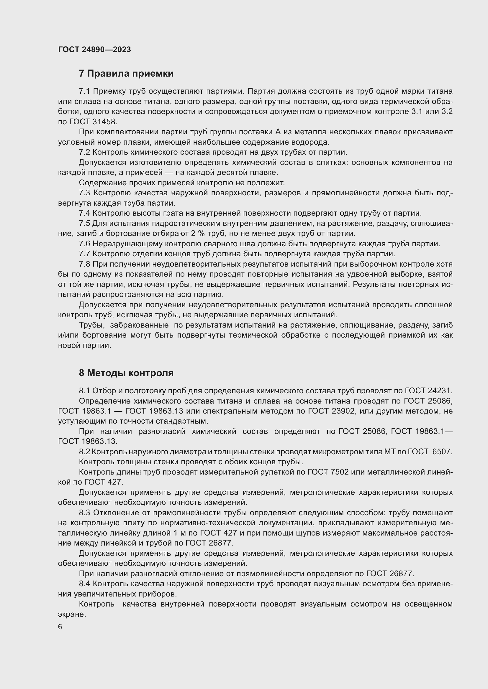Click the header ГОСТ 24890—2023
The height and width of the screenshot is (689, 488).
click(94, 50)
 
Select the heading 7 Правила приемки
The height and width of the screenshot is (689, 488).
click(126, 74)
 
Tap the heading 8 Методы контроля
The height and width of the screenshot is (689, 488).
click(126, 373)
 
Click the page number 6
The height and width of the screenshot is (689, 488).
click(60, 627)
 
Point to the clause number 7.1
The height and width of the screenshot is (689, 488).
click(85, 91)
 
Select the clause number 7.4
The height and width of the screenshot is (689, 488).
click(85, 213)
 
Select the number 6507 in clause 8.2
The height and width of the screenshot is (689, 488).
click(442, 452)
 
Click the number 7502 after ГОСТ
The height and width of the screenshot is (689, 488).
click(339, 472)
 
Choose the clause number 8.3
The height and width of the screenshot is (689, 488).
click(85, 513)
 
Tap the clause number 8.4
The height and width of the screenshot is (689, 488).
click(85, 584)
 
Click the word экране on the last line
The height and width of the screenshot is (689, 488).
click(71, 614)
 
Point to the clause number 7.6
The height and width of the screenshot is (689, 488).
click(85, 244)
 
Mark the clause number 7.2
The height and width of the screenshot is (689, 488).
click(85, 152)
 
